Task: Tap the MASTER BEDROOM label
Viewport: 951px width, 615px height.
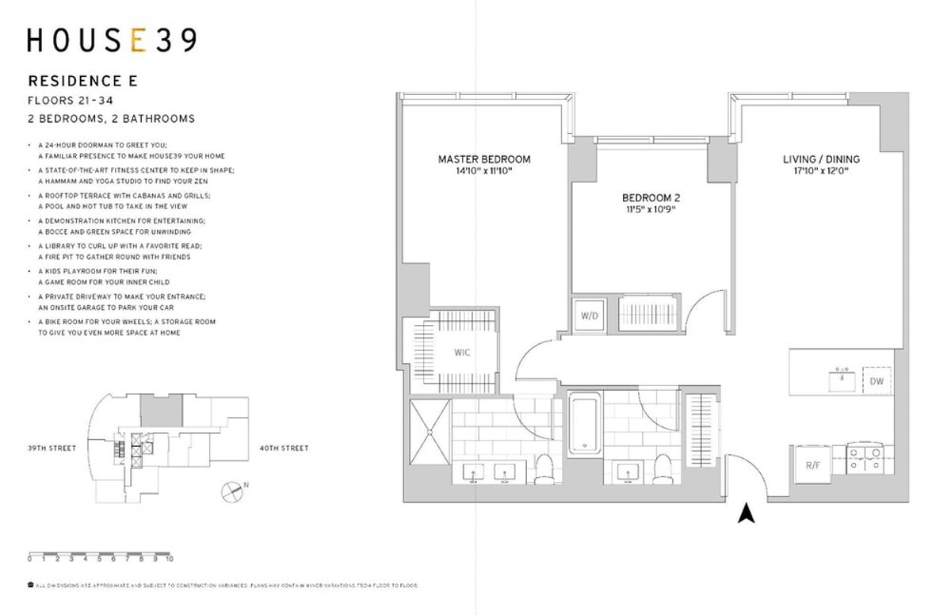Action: point(484,159)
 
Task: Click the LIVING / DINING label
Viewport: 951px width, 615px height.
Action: point(820,159)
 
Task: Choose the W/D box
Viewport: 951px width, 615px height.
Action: point(590,315)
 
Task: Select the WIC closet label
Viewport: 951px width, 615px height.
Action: point(462,352)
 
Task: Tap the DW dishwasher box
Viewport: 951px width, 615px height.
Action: point(877,381)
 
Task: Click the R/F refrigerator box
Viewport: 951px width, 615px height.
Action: point(812,466)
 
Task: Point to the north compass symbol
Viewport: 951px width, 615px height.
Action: point(231,491)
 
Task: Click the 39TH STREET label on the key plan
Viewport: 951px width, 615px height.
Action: point(52,449)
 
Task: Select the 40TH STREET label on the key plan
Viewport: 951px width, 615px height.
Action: point(284,449)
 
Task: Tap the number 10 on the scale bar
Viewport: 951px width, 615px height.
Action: point(170,559)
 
